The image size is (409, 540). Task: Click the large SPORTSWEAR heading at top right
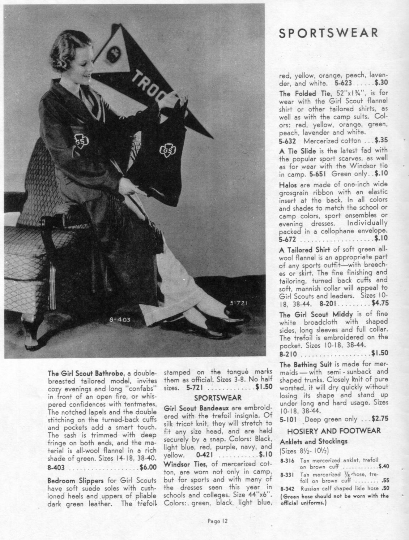tap(329, 33)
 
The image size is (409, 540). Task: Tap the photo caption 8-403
tap(119, 319)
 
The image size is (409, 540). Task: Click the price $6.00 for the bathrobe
tap(148, 467)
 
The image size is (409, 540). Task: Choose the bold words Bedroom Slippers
tap(70, 481)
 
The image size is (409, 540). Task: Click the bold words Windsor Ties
tap(180, 463)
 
